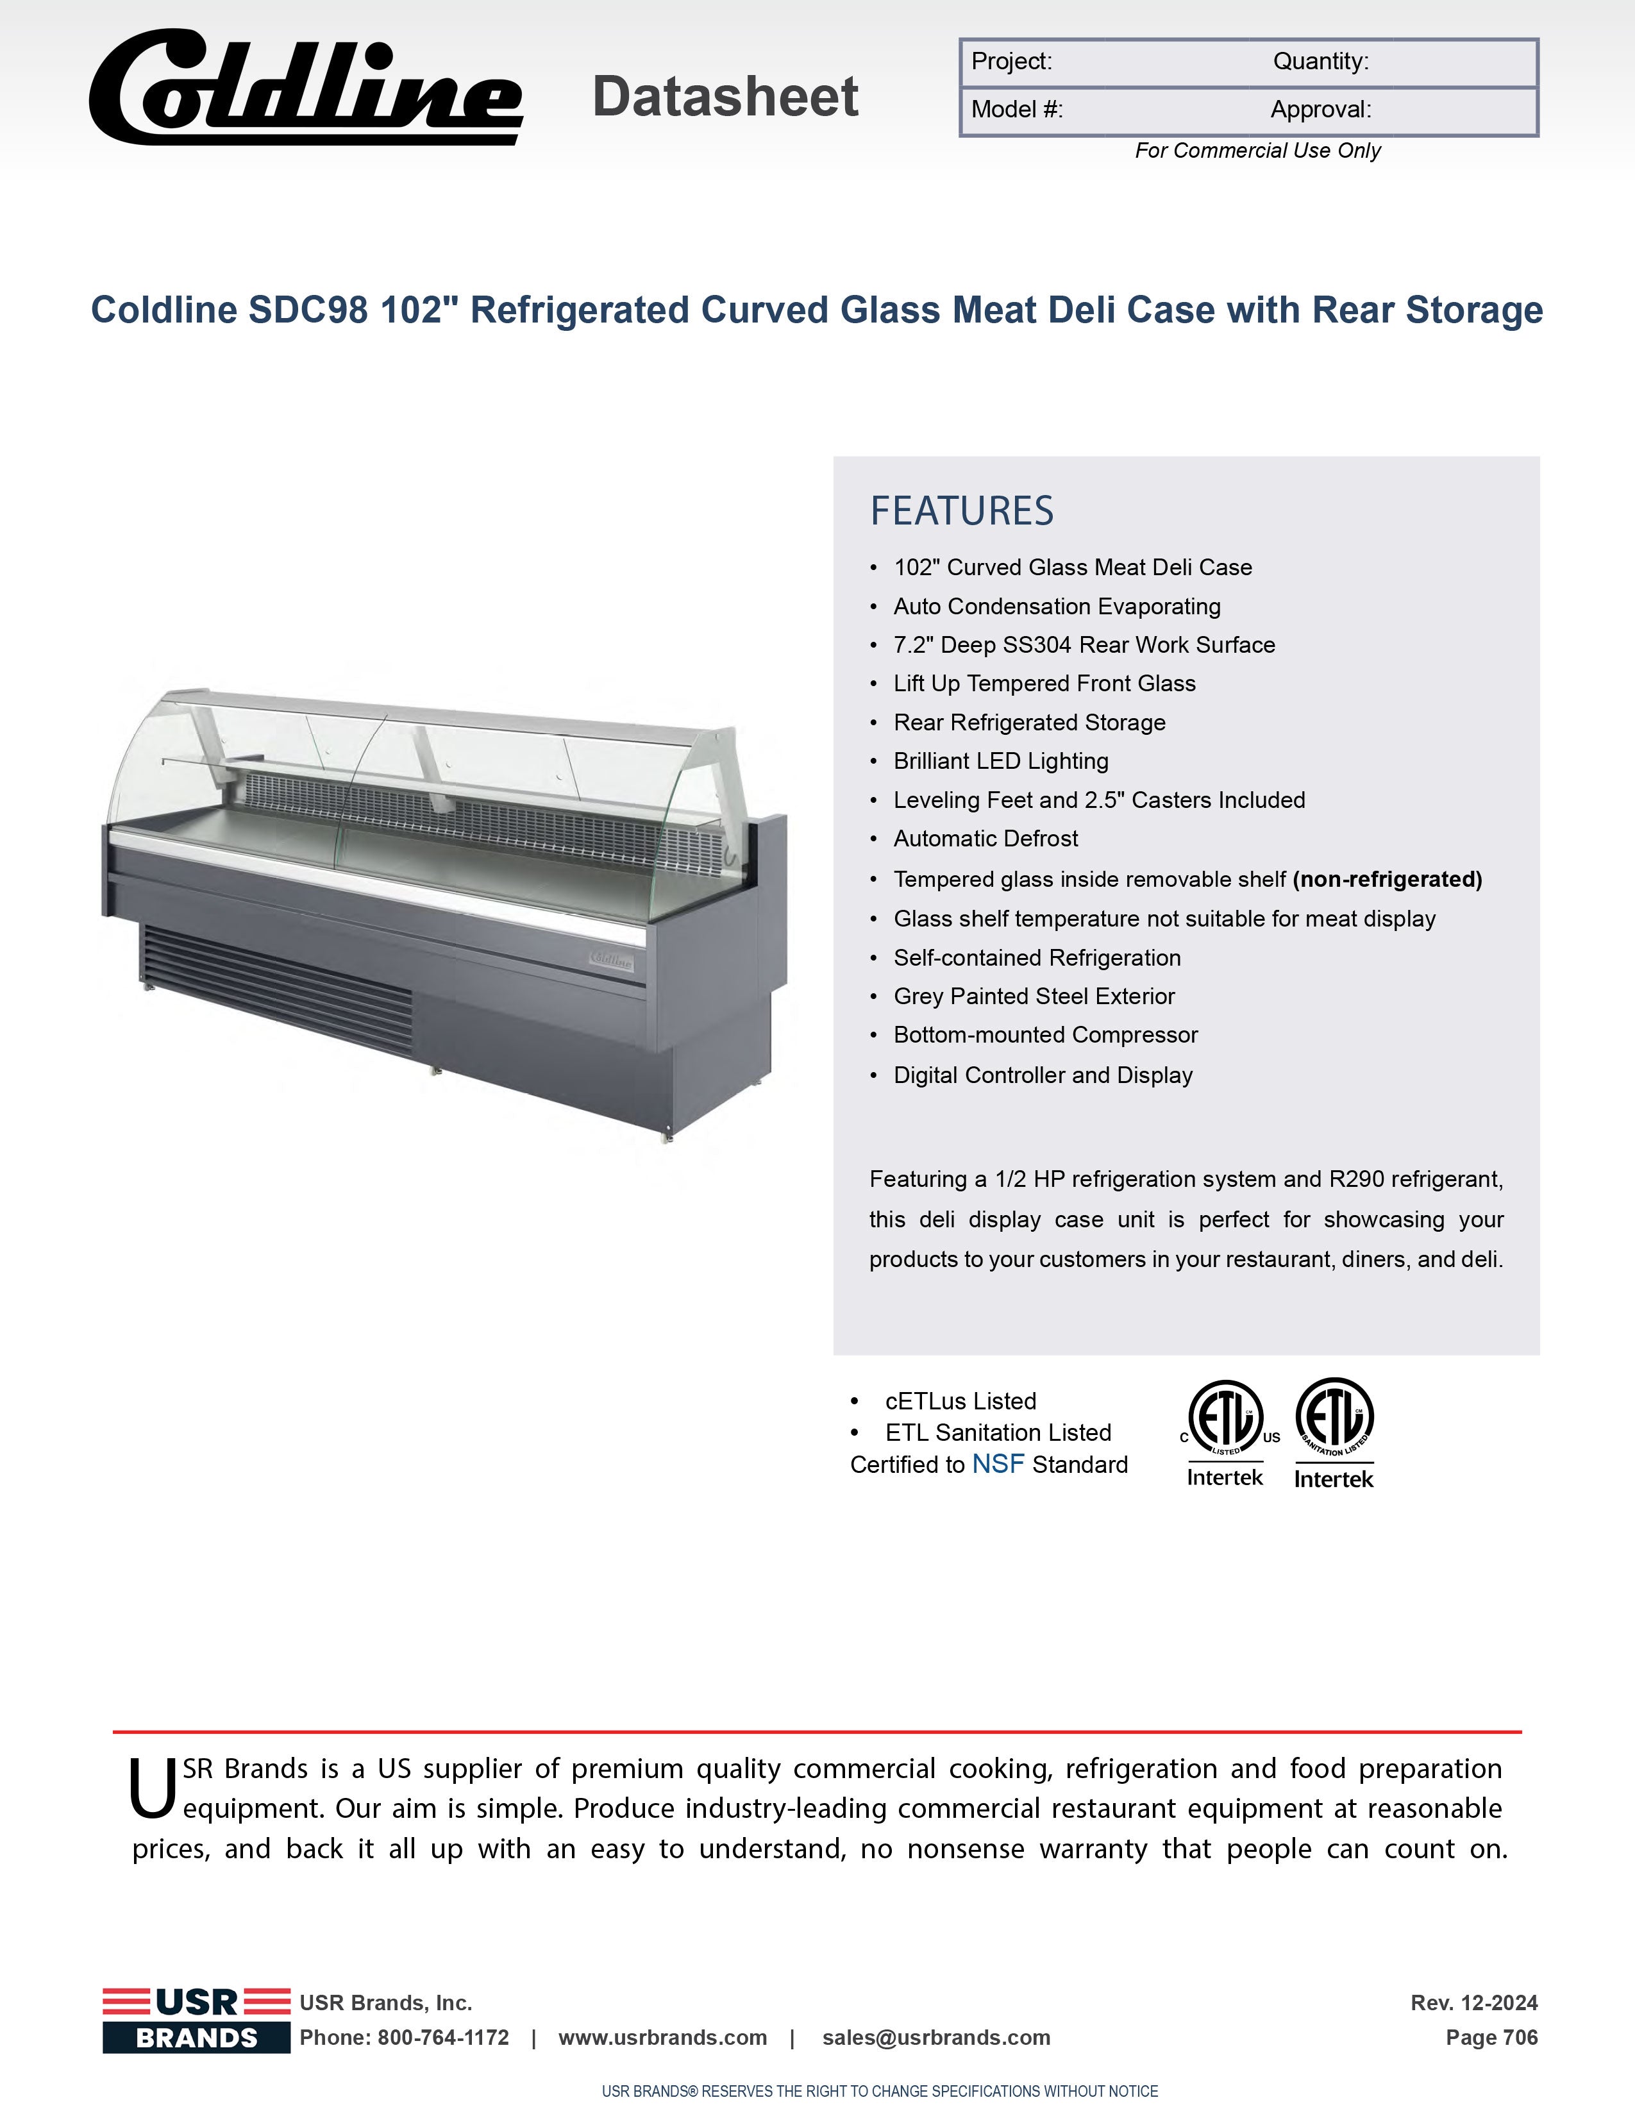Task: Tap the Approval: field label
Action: click(1320, 110)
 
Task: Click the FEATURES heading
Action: click(961, 510)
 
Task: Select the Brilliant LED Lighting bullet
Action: click(1001, 762)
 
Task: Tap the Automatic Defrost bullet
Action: click(985, 839)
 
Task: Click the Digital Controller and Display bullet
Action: click(1042, 1075)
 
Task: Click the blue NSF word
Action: click(998, 1464)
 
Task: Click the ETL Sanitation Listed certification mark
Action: click(1334, 1432)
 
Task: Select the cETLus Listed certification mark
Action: click(1226, 1432)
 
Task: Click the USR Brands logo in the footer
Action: click(197, 2019)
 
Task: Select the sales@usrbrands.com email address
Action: click(935, 2038)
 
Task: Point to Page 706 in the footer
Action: click(1491, 2038)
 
